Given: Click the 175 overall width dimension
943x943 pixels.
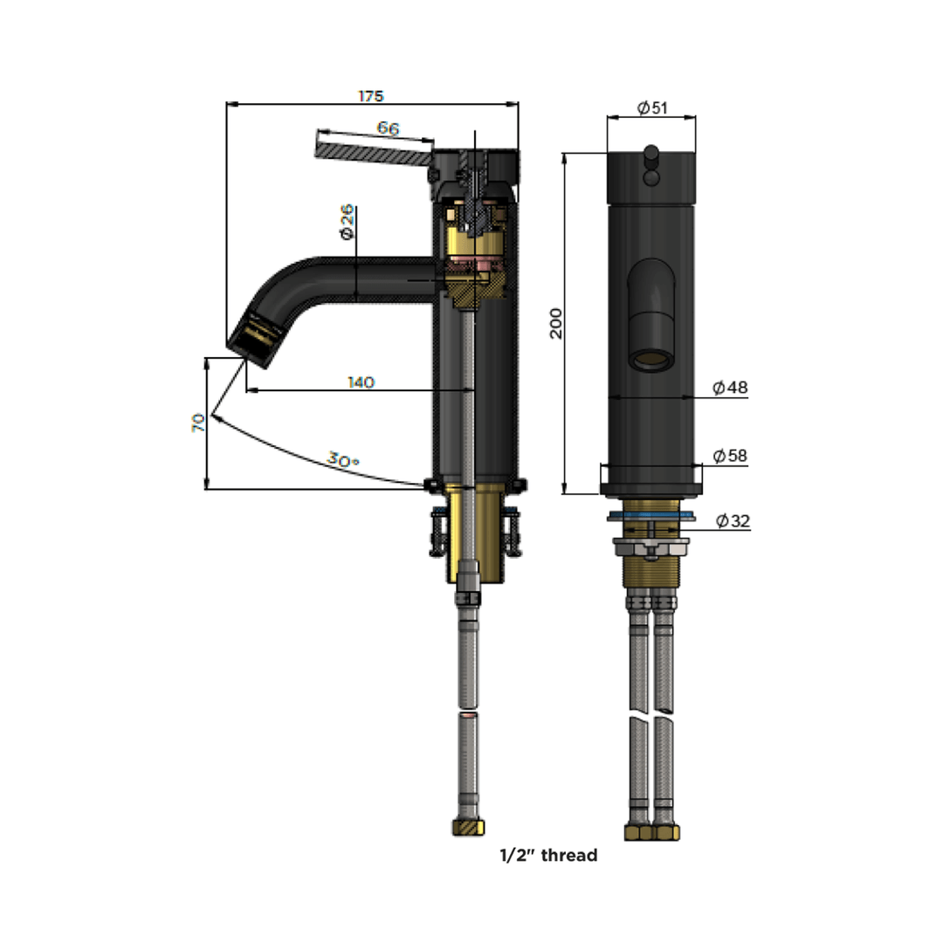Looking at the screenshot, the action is (x=370, y=96).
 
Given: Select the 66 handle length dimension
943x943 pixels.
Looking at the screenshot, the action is (x=388, y=128).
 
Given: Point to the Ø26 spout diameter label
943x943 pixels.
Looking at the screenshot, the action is (x=347, y=222).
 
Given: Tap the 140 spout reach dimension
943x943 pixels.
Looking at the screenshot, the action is (x=361, y=382).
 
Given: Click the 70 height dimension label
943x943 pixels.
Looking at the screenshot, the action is (x=198, y=423).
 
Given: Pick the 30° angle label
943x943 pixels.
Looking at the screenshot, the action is (x=343, y=459).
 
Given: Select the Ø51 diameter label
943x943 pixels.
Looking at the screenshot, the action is (x=652, y=107).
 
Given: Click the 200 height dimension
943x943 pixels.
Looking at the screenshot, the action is (x=556, y=323).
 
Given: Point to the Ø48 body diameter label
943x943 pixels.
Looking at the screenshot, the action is (x=730, y=388).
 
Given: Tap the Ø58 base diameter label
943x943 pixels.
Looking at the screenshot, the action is (x=730, y=456).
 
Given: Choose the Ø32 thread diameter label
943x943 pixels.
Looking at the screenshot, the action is (x=733, y=520).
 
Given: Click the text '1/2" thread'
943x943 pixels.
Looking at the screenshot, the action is (x=548, y=855).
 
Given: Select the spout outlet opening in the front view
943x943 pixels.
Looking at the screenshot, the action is (x=651, y=360).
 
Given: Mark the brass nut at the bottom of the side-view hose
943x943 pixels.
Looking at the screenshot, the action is (x=469, y=827).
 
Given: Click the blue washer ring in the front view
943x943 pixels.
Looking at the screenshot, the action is (x=651, y=515).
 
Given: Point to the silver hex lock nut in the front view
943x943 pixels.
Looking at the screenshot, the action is (x=651, y=547).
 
